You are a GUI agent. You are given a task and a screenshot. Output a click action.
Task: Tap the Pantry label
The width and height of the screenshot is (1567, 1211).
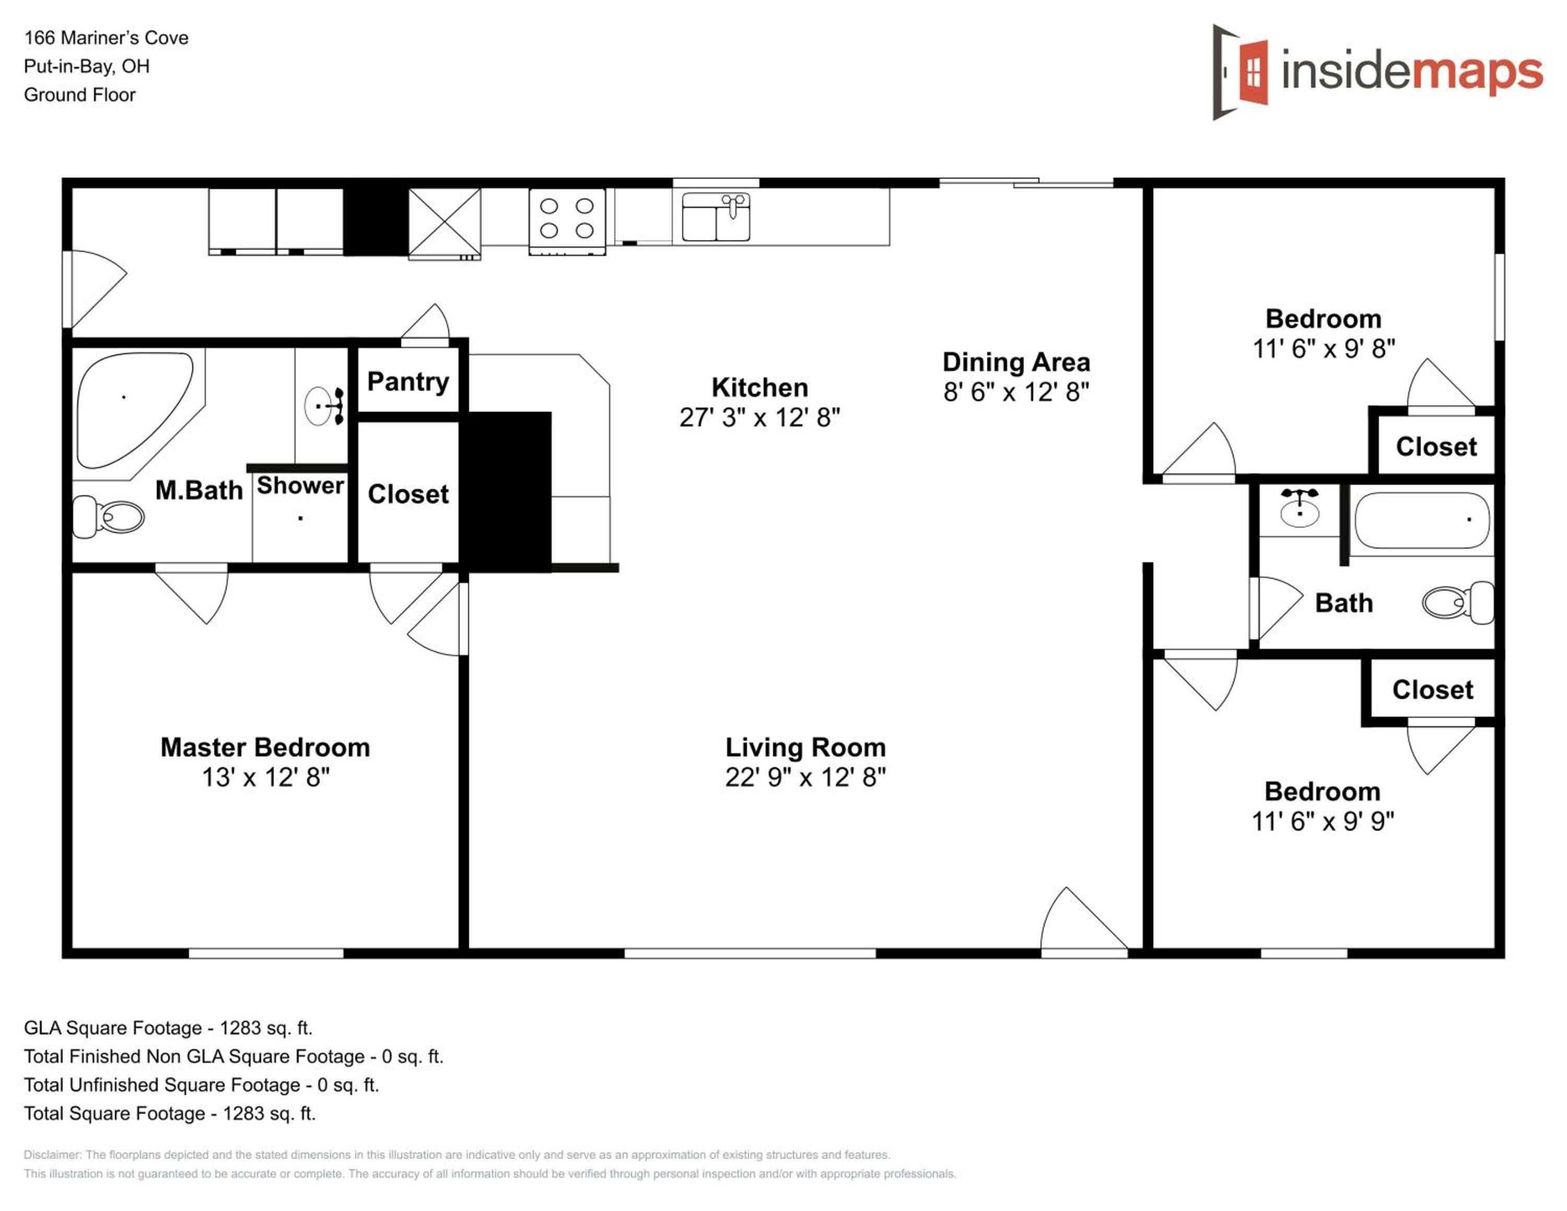pyautogui.click(x=408, y=382)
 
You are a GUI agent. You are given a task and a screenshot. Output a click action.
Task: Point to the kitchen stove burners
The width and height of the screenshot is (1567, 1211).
pyautogui.click(x=567, y=218)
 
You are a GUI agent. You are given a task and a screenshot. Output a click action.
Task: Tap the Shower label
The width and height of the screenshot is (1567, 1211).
pyautogui.click(x=301, y=486)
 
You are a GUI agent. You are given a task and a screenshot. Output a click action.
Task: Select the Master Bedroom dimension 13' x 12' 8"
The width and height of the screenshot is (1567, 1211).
pyautogui.click(x=265, y=777)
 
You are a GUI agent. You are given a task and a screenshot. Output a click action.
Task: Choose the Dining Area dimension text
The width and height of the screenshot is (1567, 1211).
pyautogui.click(x=1016, y=392)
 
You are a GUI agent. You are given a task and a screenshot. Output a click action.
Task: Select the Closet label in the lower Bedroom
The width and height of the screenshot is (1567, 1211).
pyautogui.click(x=1433, y=690)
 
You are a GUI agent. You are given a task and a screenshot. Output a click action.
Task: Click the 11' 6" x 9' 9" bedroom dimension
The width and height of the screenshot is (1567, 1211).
pyautogui.click(x=1323, y=821)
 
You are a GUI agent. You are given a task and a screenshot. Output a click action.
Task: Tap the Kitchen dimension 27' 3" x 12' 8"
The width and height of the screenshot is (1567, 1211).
pyautogui.click(x=760, y=417)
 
